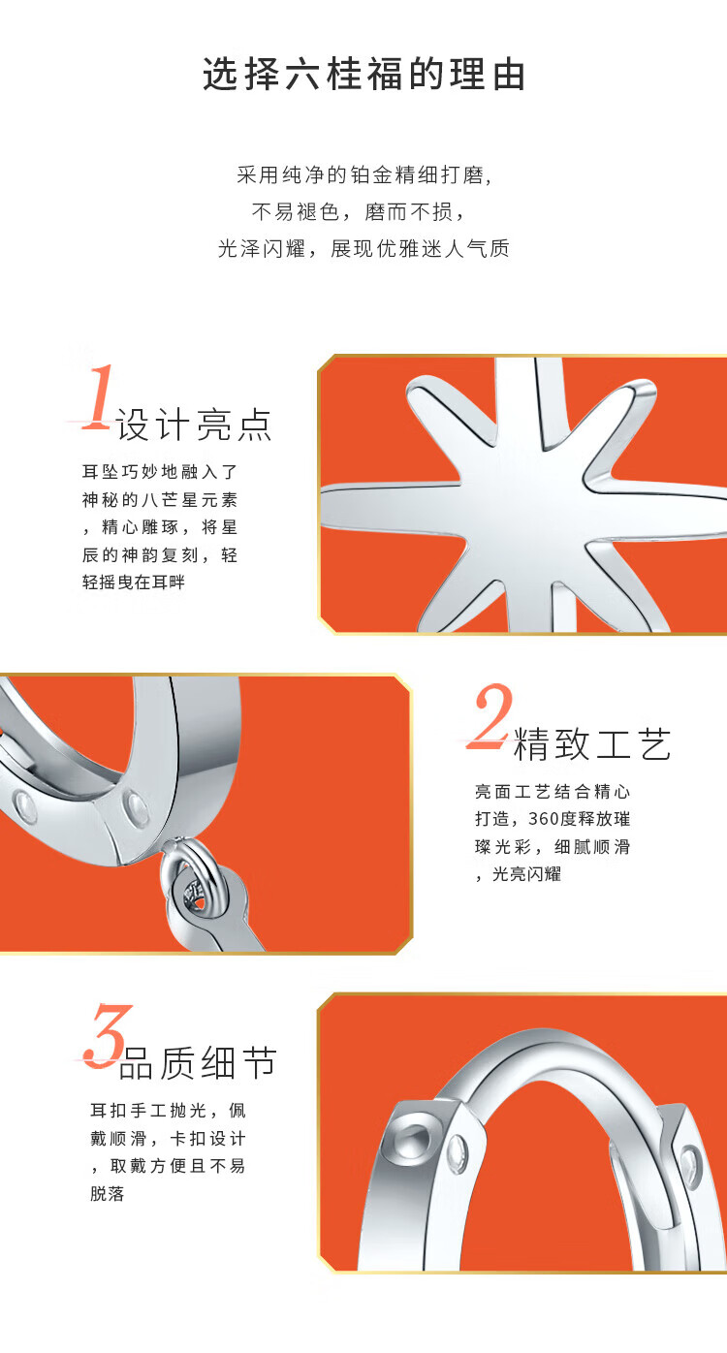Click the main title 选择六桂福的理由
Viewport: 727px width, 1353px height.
coord(363,75)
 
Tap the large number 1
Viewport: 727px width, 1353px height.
coord(97,396)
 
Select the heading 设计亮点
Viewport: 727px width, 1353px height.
coord(194,425)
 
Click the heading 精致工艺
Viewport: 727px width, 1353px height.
coord(592,744)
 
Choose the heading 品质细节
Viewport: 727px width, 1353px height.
coord(198,1063)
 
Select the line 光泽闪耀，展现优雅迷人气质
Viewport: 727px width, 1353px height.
coord(363,248)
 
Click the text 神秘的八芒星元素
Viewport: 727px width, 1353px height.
coord(160,499)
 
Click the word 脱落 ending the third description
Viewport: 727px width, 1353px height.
coord(108,1193)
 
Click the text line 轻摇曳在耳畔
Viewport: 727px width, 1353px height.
coord(134,582)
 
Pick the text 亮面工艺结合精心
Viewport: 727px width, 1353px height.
coord(553,791)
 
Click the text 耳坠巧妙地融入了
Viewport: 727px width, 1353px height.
coord(160,472)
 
